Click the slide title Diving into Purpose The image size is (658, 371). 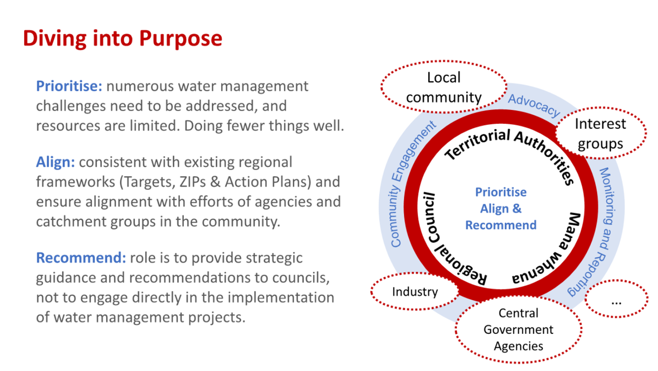tap(122, 38)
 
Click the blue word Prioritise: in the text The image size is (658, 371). tap(69, 86)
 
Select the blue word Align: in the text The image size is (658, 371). tap(55, 162)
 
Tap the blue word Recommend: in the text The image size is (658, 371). tap(81, 258)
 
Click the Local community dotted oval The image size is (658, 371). tap(443, 87)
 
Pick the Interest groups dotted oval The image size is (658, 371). tap(600, 133)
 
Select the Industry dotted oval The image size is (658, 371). tap(415, 291)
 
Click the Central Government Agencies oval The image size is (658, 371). tap(518, 329)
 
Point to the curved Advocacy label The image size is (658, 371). tap(534, 105)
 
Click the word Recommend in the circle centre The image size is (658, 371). tap(501, 225)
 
